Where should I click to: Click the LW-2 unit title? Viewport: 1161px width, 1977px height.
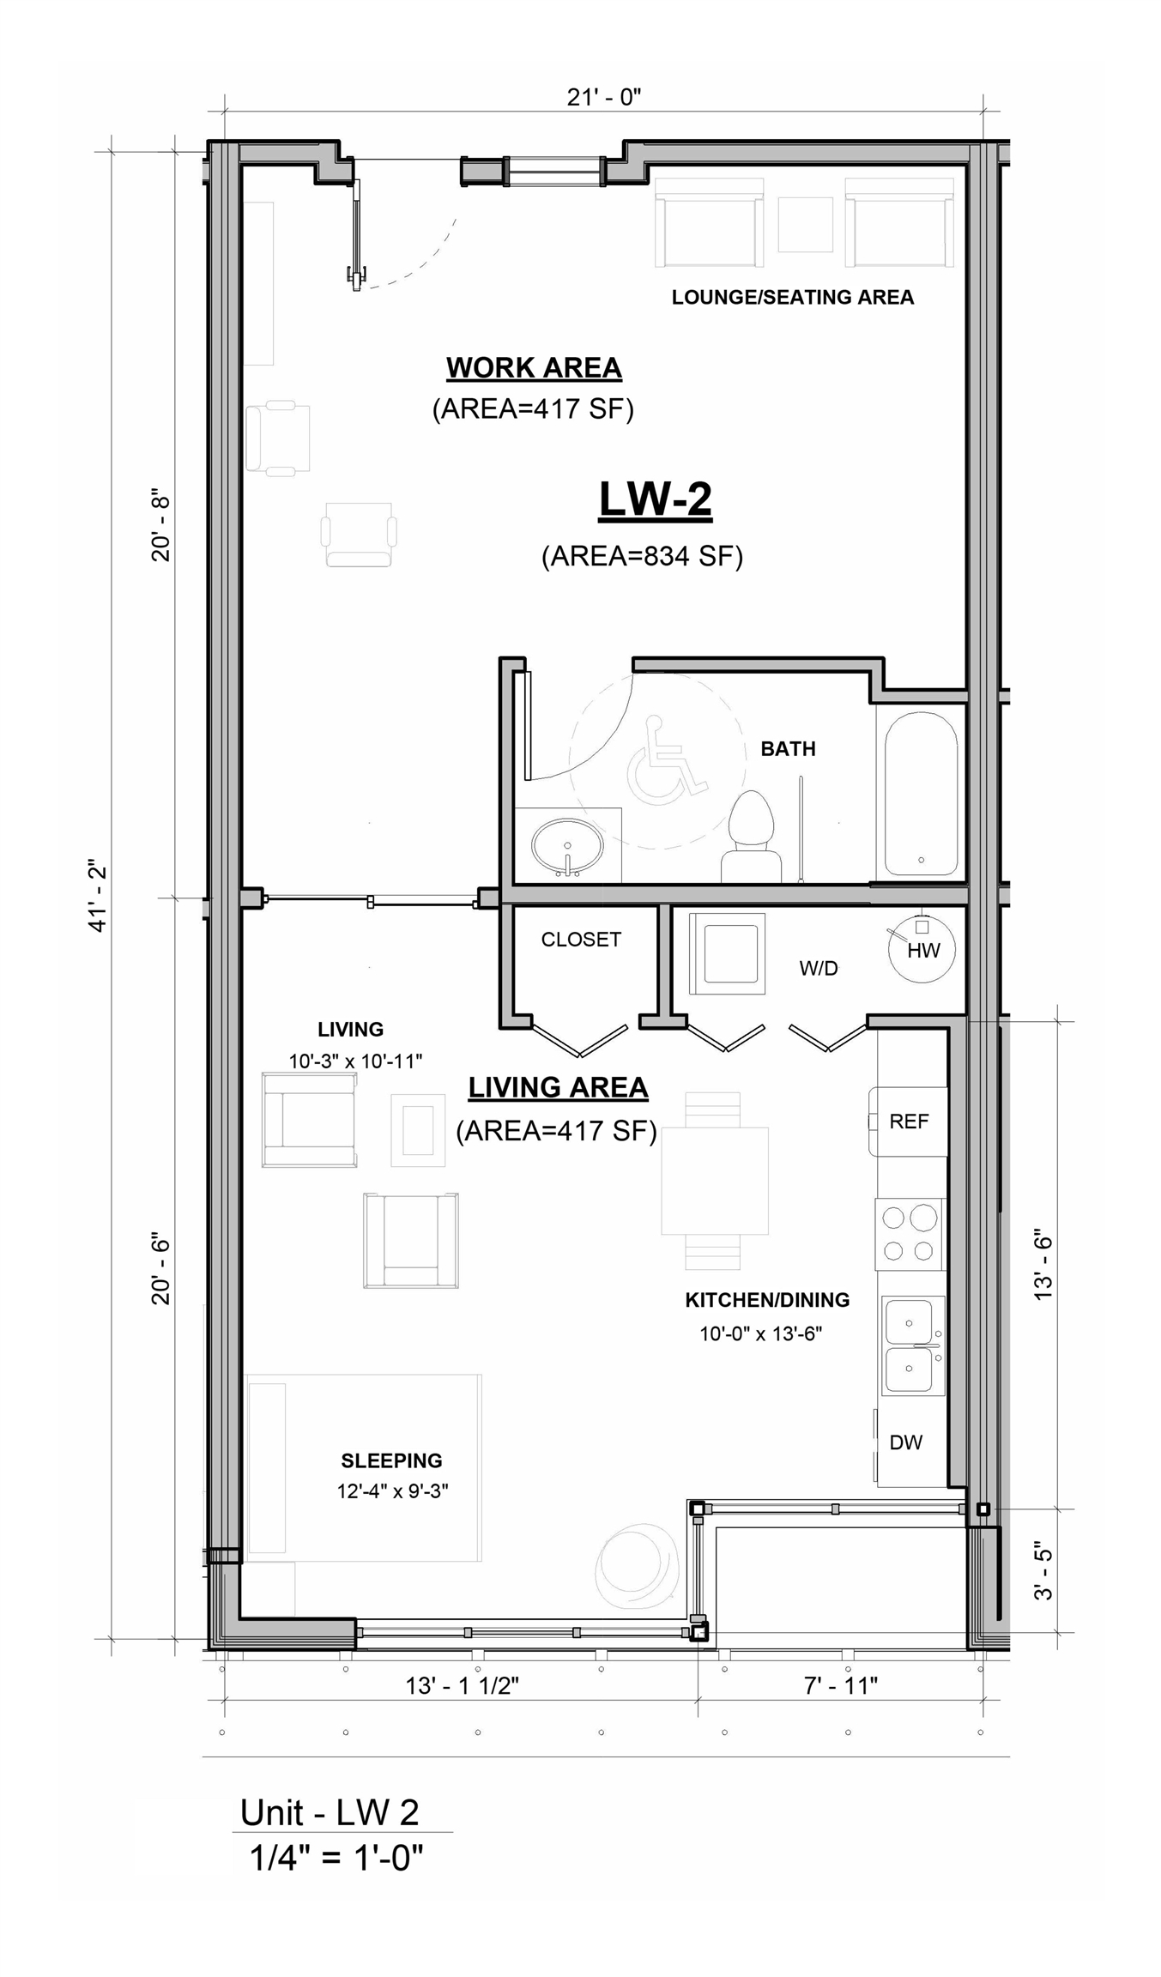point(655,499)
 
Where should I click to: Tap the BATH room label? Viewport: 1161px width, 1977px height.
point(788,749)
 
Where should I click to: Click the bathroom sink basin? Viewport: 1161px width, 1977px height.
point(566,845)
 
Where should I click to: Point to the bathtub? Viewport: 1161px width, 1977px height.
point(921,794)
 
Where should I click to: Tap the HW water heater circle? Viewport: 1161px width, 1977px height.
point(922,950)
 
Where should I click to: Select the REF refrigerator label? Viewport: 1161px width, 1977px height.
point(909,1122)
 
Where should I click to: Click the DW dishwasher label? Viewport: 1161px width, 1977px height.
point(905,1442)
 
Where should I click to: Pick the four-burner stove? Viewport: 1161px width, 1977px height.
point(909,1235)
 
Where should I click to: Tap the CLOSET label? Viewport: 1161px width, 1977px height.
point(581,940)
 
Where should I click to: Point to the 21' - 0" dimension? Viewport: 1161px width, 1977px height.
point(604,98)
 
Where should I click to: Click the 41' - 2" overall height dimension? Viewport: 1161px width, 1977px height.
point(98,895)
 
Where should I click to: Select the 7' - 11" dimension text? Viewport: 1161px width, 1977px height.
point(841,1685)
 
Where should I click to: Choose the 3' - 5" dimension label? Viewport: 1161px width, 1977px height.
point(1043,1572)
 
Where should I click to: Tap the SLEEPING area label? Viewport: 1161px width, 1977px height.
point(391,1460)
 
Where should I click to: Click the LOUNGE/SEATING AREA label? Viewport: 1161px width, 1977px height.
point(793,298)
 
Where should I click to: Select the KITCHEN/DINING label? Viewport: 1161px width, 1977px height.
point(767,1300)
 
